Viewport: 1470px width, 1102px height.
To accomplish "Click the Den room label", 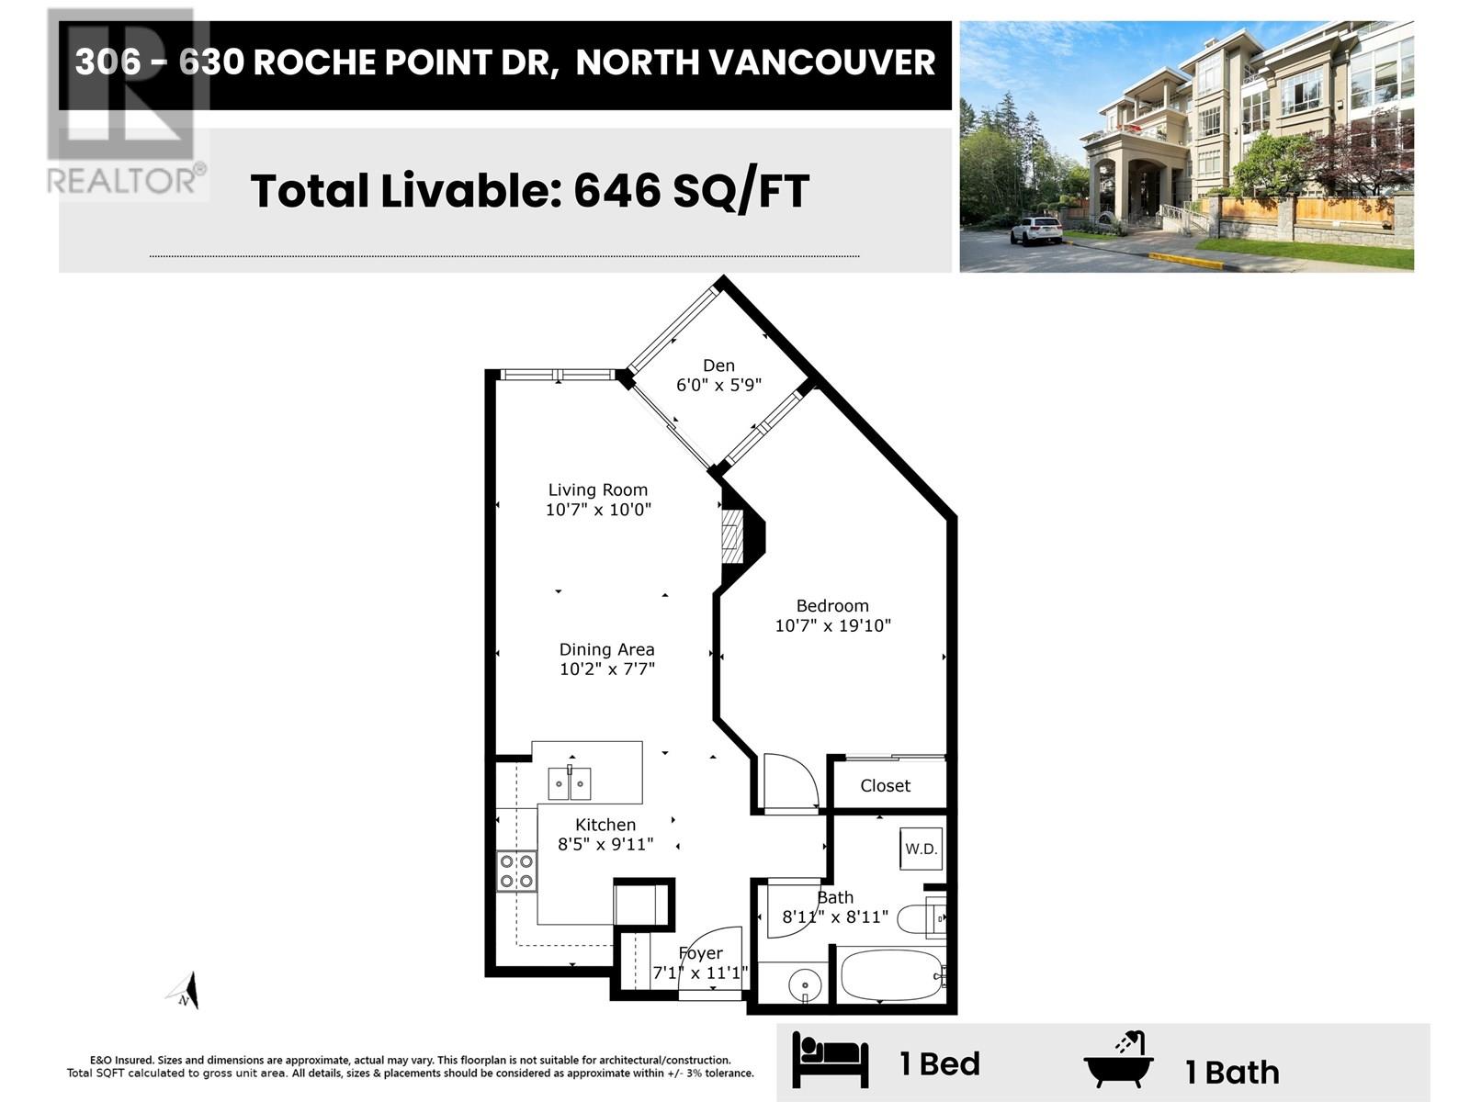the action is pos(718,365).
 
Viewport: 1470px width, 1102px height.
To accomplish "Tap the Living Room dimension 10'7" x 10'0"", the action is pos(598,510).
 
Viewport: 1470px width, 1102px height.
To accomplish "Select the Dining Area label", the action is pos(606,649).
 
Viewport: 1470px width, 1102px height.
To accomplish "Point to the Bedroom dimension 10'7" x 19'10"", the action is pos(832,625).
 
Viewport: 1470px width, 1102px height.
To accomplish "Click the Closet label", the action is pos(885,785).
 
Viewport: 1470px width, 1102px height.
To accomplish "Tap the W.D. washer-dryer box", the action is pos(921,849).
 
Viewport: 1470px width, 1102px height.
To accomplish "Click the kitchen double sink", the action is pos(569,783).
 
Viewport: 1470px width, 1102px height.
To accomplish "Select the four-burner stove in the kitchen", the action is pos(516,871).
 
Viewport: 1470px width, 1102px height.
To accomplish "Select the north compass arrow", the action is pos(184,991).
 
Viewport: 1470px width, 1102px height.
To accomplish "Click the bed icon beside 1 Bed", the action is pos(830,1059).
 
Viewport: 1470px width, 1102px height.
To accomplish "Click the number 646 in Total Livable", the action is pos(616,191).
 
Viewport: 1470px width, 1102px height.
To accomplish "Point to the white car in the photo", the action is pos(1036,231).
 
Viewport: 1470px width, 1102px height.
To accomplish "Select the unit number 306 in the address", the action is pos(107,62).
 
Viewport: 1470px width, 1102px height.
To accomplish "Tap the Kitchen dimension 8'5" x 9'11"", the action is pos(605,844).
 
